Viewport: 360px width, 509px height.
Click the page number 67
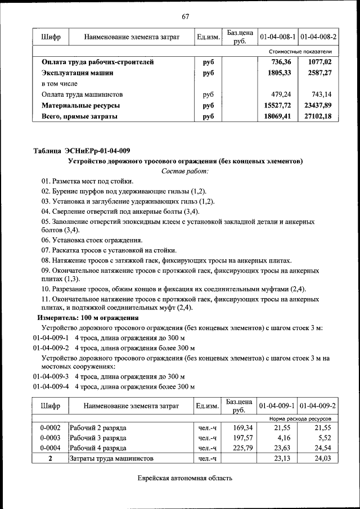(185, 16)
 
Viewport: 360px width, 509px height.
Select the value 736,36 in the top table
(283, 62)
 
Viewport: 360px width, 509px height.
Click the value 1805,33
(283, 73)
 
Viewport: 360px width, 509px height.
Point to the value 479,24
(285, 94)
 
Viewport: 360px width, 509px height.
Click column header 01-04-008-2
(318, 37)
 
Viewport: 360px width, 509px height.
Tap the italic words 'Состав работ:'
(184, 170)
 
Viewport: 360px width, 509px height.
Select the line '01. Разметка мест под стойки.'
(87, 181)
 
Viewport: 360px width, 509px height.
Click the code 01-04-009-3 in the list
(50, 376)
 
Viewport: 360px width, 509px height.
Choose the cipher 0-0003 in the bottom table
(50, 438)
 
